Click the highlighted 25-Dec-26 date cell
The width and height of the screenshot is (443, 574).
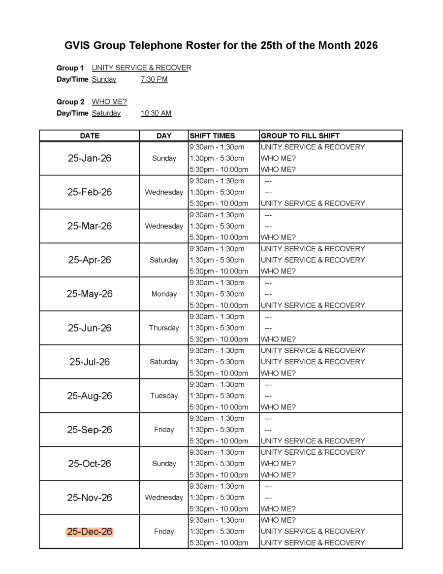(90, 532)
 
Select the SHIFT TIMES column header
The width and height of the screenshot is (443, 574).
(212, 135)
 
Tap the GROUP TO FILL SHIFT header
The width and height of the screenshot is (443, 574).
(300, 135)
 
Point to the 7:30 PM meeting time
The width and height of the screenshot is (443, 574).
(154, 79)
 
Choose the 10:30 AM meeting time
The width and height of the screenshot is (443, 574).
(156, 113)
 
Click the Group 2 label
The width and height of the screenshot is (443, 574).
(70, 102)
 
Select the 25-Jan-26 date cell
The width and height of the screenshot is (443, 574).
(90, 158)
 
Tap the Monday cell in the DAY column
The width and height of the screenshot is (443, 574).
(164, 294)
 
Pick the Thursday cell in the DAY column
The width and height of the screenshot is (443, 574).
(164, 328)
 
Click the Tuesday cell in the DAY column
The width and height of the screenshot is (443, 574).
(164, 396)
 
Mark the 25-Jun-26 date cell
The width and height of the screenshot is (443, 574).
(90, 328)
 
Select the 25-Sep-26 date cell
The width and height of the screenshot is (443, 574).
(90, 430)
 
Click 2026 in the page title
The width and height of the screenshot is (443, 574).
(366, 46)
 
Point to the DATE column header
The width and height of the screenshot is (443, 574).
(90, 135)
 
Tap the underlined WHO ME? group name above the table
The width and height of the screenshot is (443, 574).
(109, 102)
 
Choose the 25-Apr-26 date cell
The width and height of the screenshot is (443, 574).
(90, 260)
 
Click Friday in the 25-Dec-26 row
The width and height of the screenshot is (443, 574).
(164, 532)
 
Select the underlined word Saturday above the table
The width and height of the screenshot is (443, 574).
(106, 113)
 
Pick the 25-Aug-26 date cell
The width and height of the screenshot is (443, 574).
(90, 396)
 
